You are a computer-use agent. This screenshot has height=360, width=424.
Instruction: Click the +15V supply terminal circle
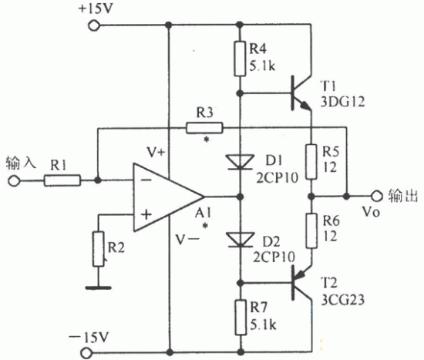pos(94,26)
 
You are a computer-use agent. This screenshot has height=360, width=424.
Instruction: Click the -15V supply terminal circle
pos(86,353)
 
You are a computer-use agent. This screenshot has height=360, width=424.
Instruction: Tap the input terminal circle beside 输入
pos(14,180)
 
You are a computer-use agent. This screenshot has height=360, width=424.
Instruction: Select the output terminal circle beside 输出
pos(376,196)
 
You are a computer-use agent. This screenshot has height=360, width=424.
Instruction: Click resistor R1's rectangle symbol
pos(62,180)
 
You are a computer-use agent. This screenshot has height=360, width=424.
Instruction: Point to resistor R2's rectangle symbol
pos(99,249)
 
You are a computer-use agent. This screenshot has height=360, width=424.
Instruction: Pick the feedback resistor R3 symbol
pos(205,128)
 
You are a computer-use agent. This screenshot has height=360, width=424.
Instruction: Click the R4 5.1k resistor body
pos(240,59)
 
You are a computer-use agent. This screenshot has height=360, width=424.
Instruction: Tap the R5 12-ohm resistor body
pos(311,162)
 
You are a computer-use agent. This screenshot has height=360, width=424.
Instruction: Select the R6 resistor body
pos(311,230)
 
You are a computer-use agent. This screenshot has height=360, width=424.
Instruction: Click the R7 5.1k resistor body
pos(241,318)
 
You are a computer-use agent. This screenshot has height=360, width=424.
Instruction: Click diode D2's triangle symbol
pos(240,240)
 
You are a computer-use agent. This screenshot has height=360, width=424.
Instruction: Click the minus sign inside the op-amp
pos(146,180)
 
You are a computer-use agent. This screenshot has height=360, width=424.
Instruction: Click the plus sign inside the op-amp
pos(146,215)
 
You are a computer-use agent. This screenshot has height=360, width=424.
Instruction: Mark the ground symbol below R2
pos(99,288)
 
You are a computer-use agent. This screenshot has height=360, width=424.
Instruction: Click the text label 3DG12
pos(342,102)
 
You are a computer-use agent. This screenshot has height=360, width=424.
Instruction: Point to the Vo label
pos(371,212)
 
